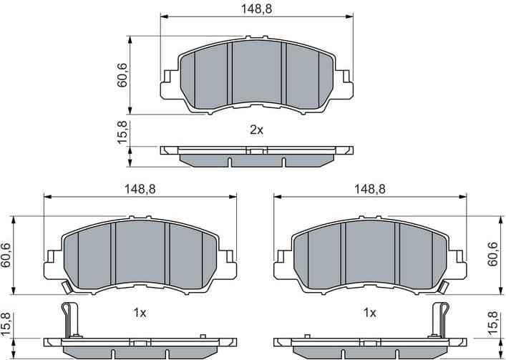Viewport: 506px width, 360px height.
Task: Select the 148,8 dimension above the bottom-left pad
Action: (140, 189)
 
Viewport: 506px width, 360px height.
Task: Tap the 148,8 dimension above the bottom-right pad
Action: (370, 189)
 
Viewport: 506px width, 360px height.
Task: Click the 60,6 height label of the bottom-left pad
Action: (6, 256)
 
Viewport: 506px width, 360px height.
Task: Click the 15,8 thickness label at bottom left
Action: (6, 324)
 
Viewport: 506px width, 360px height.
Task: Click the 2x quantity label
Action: (256, 130)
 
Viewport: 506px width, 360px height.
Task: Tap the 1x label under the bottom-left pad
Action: (140, 313)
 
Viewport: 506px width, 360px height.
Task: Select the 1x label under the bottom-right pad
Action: (369, 313)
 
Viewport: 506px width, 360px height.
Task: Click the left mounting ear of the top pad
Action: (169, 82)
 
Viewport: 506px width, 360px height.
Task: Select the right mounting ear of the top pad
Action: (345, 82)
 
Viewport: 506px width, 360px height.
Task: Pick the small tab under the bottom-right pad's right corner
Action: (445, 288)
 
